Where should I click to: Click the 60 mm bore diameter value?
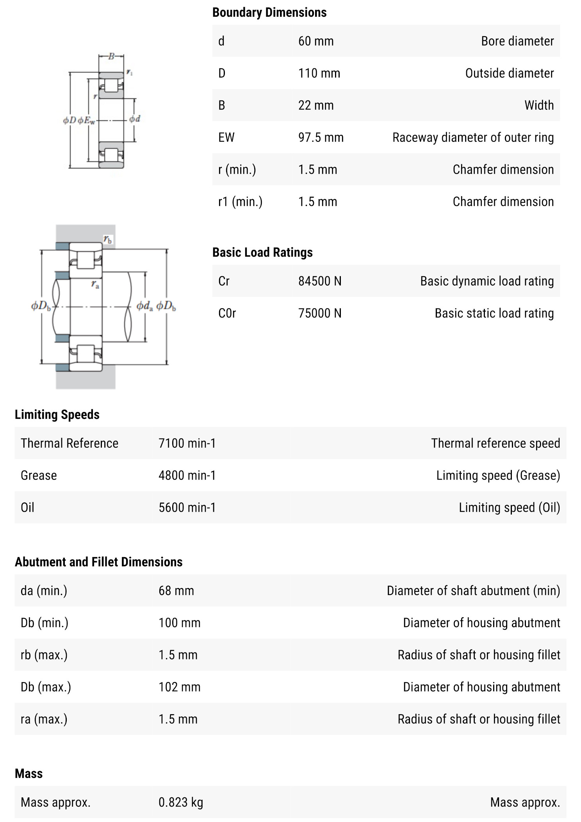[315, 41]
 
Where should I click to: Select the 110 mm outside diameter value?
[319, 73]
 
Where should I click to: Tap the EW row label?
[226, 138]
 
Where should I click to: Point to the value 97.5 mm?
[321, 138]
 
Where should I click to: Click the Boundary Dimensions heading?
[269, 13]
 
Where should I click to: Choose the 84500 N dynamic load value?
[319, 281]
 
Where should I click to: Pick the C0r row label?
[227, 313]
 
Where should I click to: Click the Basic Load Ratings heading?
[262, 252]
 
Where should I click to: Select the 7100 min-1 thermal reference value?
[187, 443]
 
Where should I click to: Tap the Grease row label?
[39, 475]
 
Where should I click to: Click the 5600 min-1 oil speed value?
[187, 507]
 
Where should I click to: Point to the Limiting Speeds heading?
[57, 415]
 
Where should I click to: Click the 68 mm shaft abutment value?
[176, 591]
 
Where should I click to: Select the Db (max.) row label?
[46, 687]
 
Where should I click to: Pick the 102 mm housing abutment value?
[179, 687]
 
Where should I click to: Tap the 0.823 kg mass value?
[180, 802]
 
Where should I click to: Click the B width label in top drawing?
[111, 56]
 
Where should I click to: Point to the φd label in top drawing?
[134, 119]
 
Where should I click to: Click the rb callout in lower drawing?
[107, 239]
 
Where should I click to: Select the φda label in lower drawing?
[144, 306]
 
